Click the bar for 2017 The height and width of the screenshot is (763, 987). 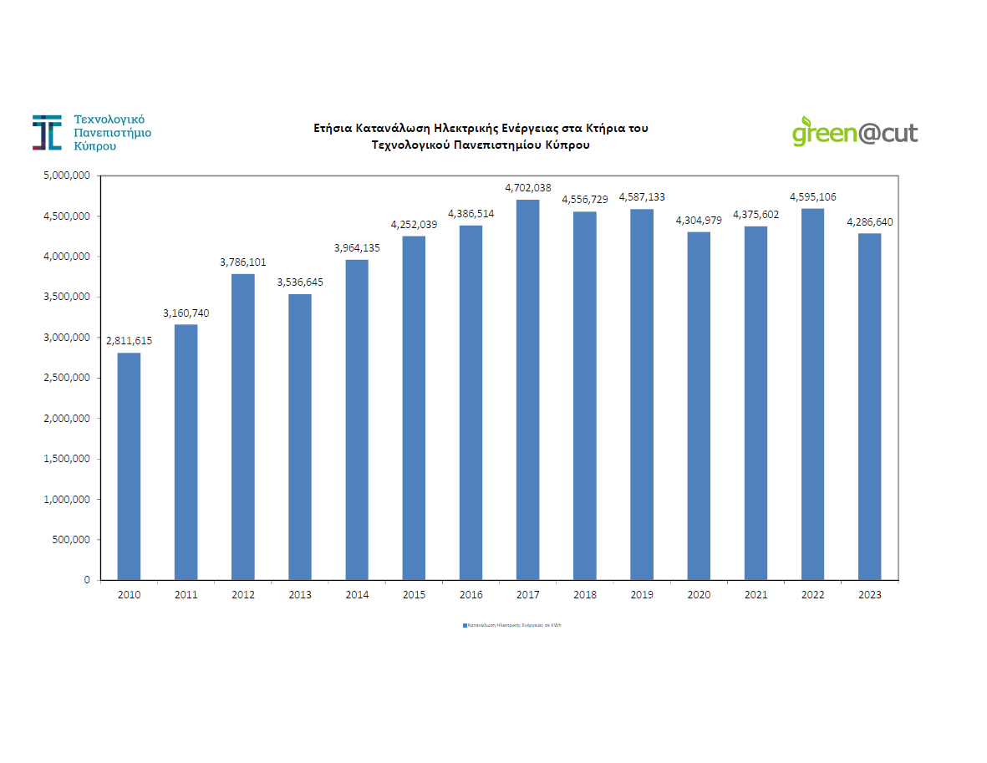[x=527, y=389]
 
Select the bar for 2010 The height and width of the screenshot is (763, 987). [x=129, y=466]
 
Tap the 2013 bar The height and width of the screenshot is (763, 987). [x=300, y=436]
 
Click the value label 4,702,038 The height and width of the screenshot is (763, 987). [x=527, y=188]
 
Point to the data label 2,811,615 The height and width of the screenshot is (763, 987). [x=129, y=341]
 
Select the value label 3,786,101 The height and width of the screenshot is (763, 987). [x=243, y=262]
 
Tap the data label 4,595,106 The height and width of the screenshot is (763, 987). [x=812, y=197]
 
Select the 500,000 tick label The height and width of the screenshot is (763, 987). [x=71, y=539]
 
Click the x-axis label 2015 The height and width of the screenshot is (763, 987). [x=414, y=595]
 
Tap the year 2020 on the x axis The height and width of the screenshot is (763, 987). [x=699, y=595]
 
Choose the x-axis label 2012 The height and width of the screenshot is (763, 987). [x=243, y=595]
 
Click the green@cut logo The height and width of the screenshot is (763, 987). [x=854, y=132]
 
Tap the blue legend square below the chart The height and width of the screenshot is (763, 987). [x=465, y=624]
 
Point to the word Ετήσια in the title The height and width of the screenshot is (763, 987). [x=333, y=129]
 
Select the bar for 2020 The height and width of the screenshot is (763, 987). [x=699, y=405]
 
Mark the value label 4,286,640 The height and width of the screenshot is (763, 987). [x=869, y=222]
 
